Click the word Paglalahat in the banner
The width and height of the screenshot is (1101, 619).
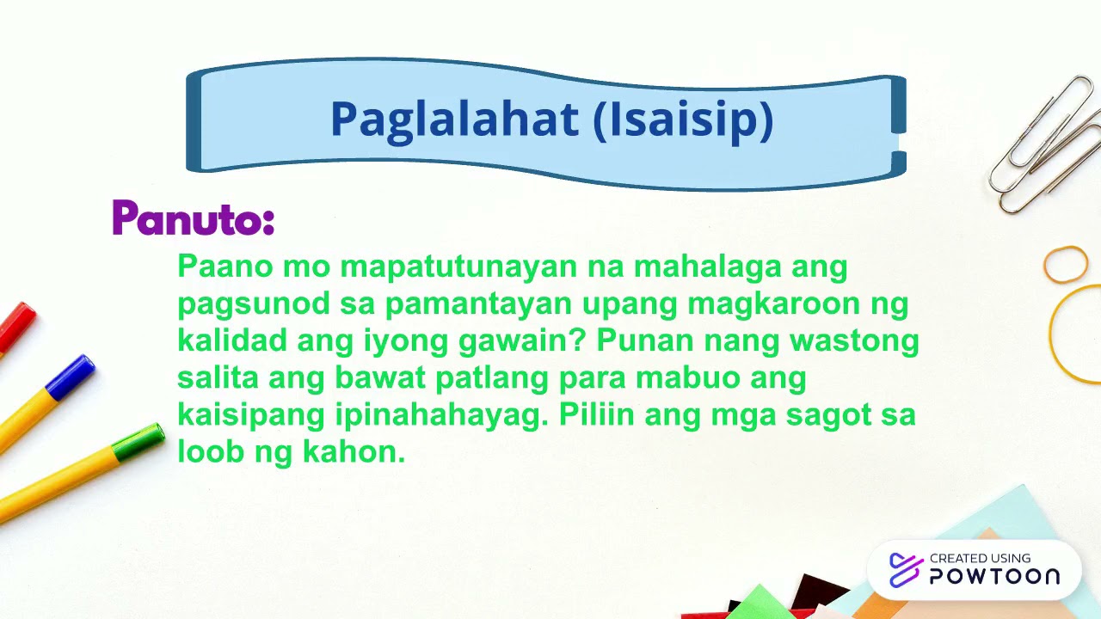(x=455, y=120)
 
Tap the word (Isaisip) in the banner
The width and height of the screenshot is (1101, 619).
(x=684, y=120)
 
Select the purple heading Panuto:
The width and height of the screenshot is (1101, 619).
(x=194, y=219)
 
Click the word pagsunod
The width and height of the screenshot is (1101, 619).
(x=254, y=304)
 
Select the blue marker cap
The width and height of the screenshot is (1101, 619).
(x=71, y=377)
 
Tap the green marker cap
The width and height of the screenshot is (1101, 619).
(x=139, y=442)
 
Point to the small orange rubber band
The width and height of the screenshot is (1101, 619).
(x=1066, y=264)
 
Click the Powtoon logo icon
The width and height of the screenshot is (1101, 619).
(x=905, y=570)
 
